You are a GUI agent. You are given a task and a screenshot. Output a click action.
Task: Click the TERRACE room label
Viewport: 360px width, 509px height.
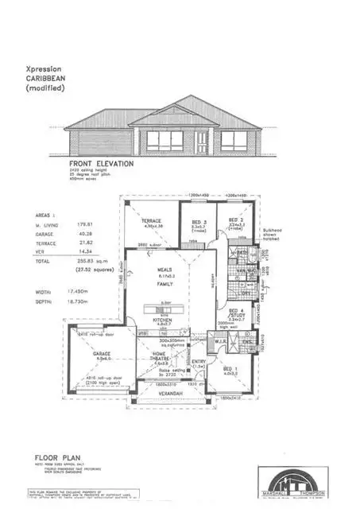151,220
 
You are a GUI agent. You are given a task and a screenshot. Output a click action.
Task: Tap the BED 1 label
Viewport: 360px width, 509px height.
230,369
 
